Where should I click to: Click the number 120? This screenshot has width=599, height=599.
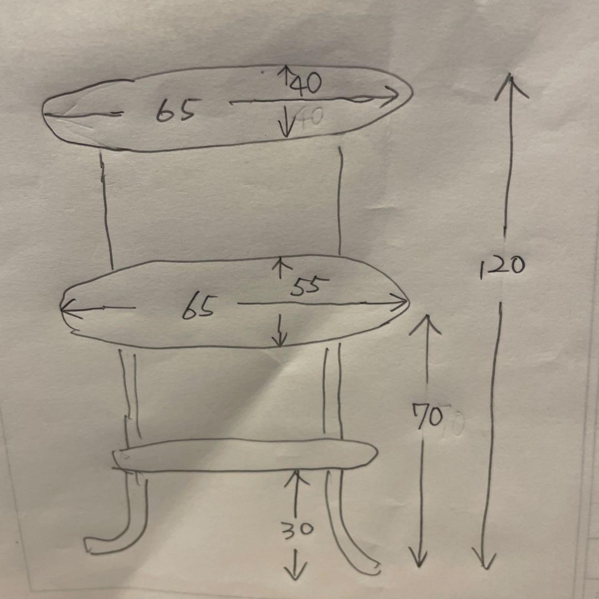click(502, 266)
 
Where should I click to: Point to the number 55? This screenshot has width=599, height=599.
click(309, 286)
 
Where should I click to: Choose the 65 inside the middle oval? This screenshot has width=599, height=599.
click(198, 307)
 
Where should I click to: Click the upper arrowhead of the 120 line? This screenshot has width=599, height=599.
click(511, 86)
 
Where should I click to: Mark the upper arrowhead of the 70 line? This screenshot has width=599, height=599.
click(425, 324)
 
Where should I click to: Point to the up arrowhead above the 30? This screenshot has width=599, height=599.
click(296, 478)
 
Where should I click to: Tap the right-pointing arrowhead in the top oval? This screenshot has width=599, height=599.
click(390, 97)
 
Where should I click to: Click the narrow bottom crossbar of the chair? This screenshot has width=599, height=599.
click(245, 455)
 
